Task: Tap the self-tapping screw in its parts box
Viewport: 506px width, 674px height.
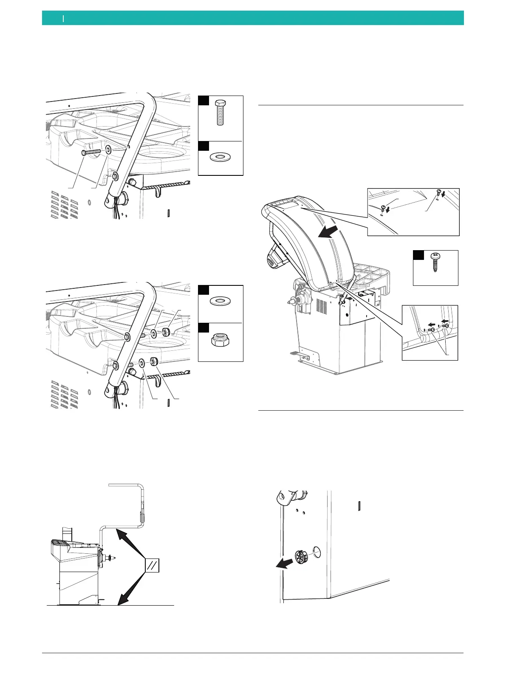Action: (x=435, y=263)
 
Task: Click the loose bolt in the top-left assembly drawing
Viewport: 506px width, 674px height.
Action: (x=90, y=152)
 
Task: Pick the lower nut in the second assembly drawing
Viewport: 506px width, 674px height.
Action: (x=154, y=361)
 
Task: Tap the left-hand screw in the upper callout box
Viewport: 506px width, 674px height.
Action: (x=384, y=209)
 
